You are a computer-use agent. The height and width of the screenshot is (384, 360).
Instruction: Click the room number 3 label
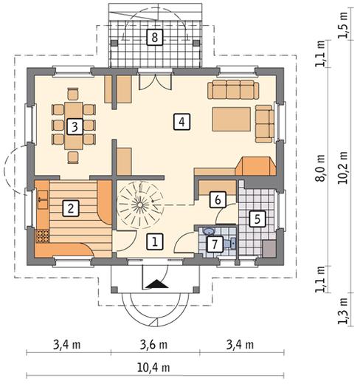point(75,126)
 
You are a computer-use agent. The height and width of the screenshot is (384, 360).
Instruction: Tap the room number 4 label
point(181,121)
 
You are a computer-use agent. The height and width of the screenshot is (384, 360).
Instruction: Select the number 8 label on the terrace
point(155,38)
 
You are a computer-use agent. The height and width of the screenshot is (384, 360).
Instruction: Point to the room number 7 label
point(215,244)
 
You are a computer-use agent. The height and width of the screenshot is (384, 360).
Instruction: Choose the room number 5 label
point(257,219)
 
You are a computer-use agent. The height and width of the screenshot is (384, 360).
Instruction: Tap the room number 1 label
point(155,241)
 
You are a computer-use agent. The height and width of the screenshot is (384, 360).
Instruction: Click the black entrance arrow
point(157,284)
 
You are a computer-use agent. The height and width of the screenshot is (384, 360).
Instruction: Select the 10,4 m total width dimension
point(153,368)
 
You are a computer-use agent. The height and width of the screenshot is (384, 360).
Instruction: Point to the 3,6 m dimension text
point(153,345)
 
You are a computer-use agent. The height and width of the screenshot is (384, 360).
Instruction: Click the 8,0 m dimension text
point(320,168)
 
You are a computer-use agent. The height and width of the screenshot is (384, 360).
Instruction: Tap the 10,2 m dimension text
point(343,168)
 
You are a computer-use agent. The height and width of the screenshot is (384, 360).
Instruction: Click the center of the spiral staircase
point(139,205)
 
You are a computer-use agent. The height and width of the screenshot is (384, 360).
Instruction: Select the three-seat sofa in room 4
point(233,89)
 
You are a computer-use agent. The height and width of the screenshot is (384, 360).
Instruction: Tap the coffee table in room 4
point(232,119)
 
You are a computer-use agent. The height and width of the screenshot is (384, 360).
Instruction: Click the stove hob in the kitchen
point(43,236)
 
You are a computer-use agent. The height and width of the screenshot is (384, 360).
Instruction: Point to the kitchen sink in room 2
point(43,199)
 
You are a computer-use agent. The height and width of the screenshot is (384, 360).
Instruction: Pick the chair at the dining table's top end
point(73,94)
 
